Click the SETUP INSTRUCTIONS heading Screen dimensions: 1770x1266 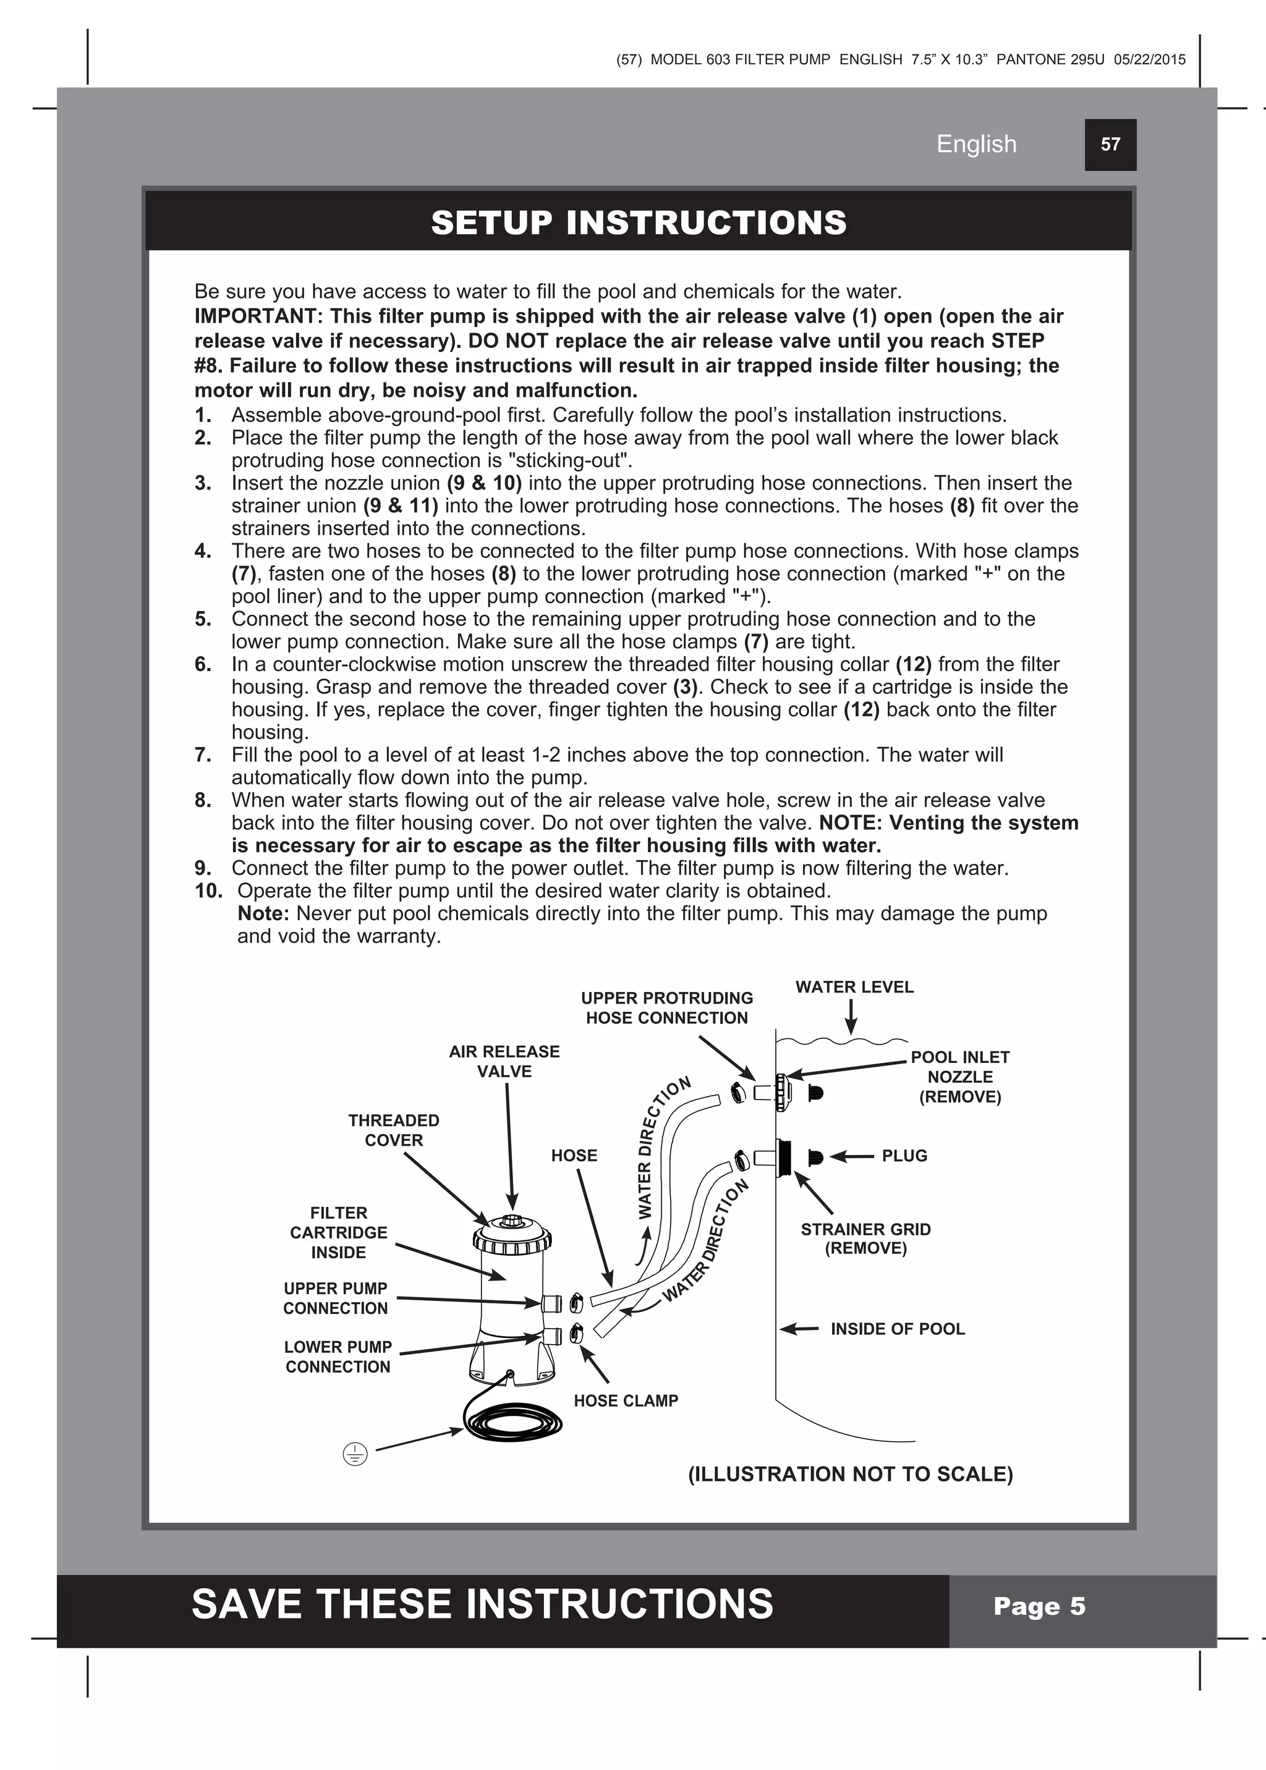[x=639, y=223]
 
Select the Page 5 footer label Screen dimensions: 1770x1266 [x=1039, y=1606]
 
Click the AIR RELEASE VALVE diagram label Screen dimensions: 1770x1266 [x=504, y=1062]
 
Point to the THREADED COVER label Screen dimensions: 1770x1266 [x=394, y=1130]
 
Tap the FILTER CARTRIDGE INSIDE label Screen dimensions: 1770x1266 [x=338, y=1232]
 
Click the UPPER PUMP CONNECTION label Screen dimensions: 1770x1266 [x=335, y=1298]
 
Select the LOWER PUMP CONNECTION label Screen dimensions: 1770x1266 [x=338, y=1357]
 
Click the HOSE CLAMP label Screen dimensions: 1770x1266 [x=626, y=1400]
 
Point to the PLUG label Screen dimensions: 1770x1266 [x=904, y=1156]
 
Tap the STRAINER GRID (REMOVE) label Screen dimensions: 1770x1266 [x=865, y=1239]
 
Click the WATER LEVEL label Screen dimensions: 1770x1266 [x=854, y=988]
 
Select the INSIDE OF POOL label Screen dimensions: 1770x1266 [x=898, y=1329]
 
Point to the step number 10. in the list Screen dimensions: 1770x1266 [x=208, y=891]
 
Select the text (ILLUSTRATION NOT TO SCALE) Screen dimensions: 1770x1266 [x=851, y=1475]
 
